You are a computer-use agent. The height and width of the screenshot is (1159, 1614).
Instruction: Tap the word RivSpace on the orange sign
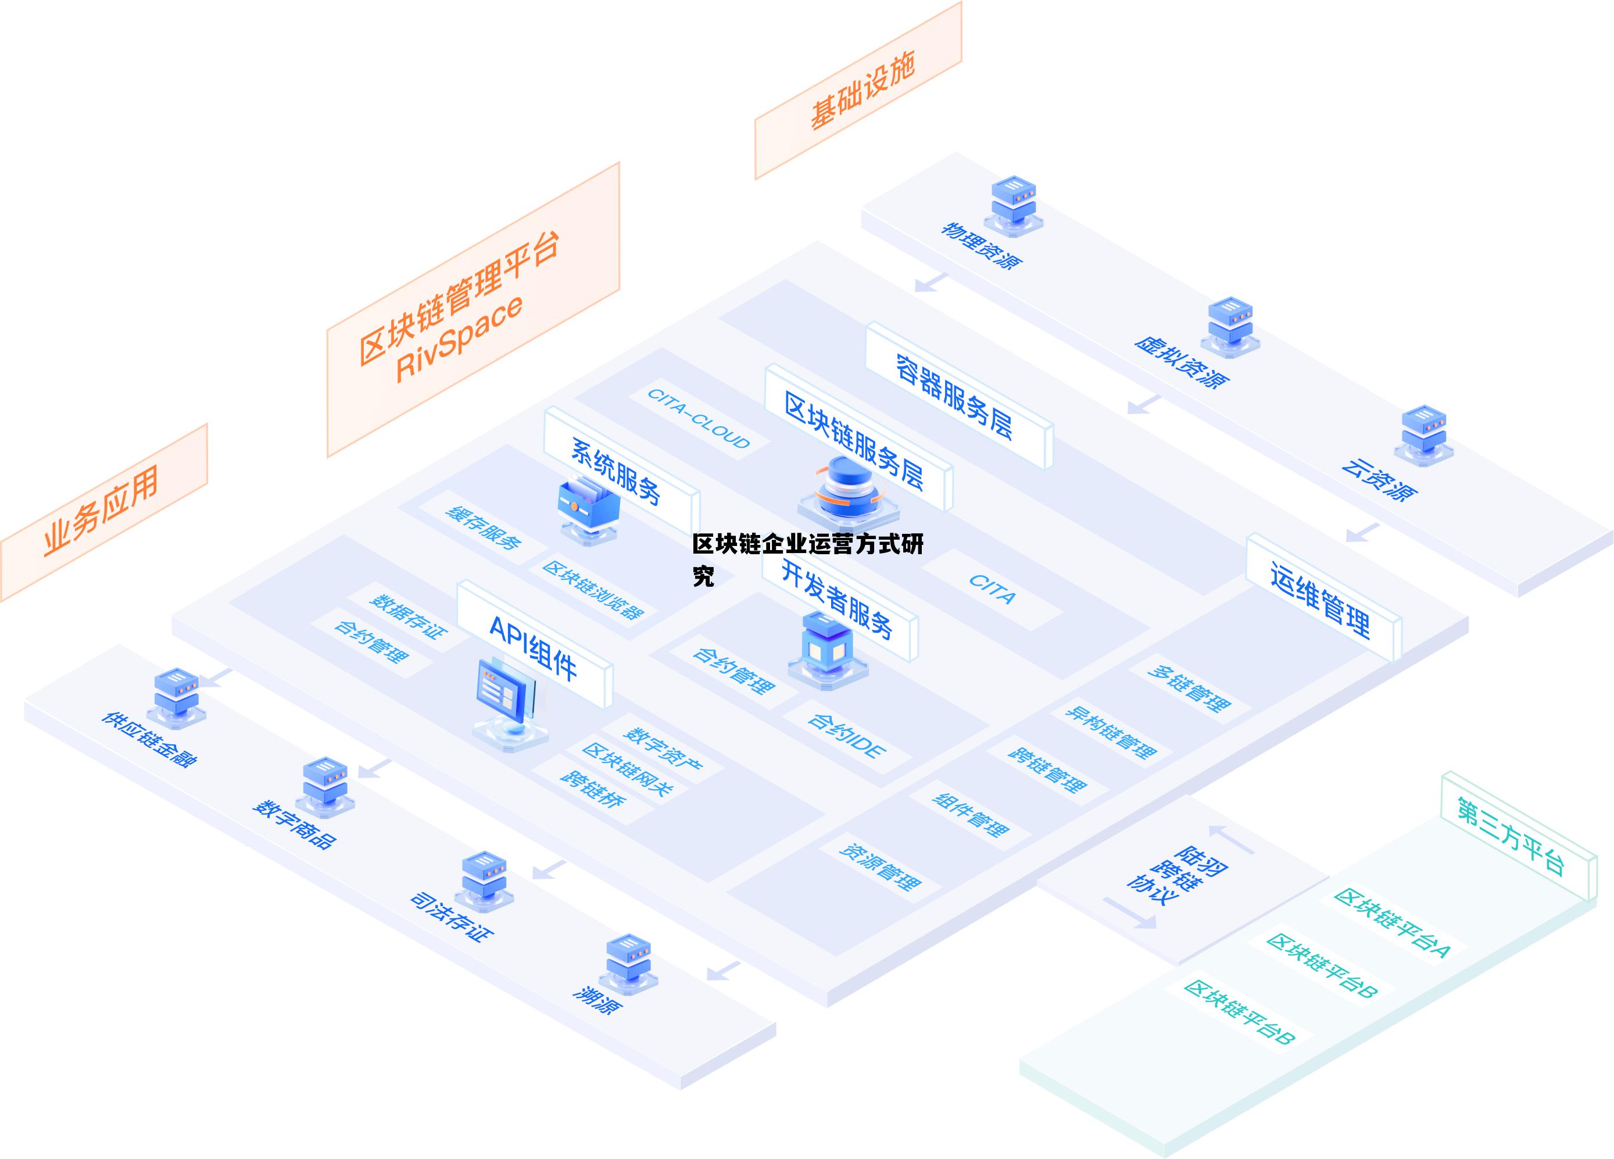click(459, 337)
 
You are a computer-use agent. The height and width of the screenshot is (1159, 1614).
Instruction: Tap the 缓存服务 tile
click(483, 527)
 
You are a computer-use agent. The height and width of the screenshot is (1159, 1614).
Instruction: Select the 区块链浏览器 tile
click(593, 590)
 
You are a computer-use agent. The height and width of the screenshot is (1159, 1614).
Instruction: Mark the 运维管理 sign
click(1320, 598)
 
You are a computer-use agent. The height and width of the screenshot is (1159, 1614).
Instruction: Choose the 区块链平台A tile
click(1392, 922)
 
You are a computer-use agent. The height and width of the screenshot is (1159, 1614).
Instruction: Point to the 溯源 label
click(598, 1001)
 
